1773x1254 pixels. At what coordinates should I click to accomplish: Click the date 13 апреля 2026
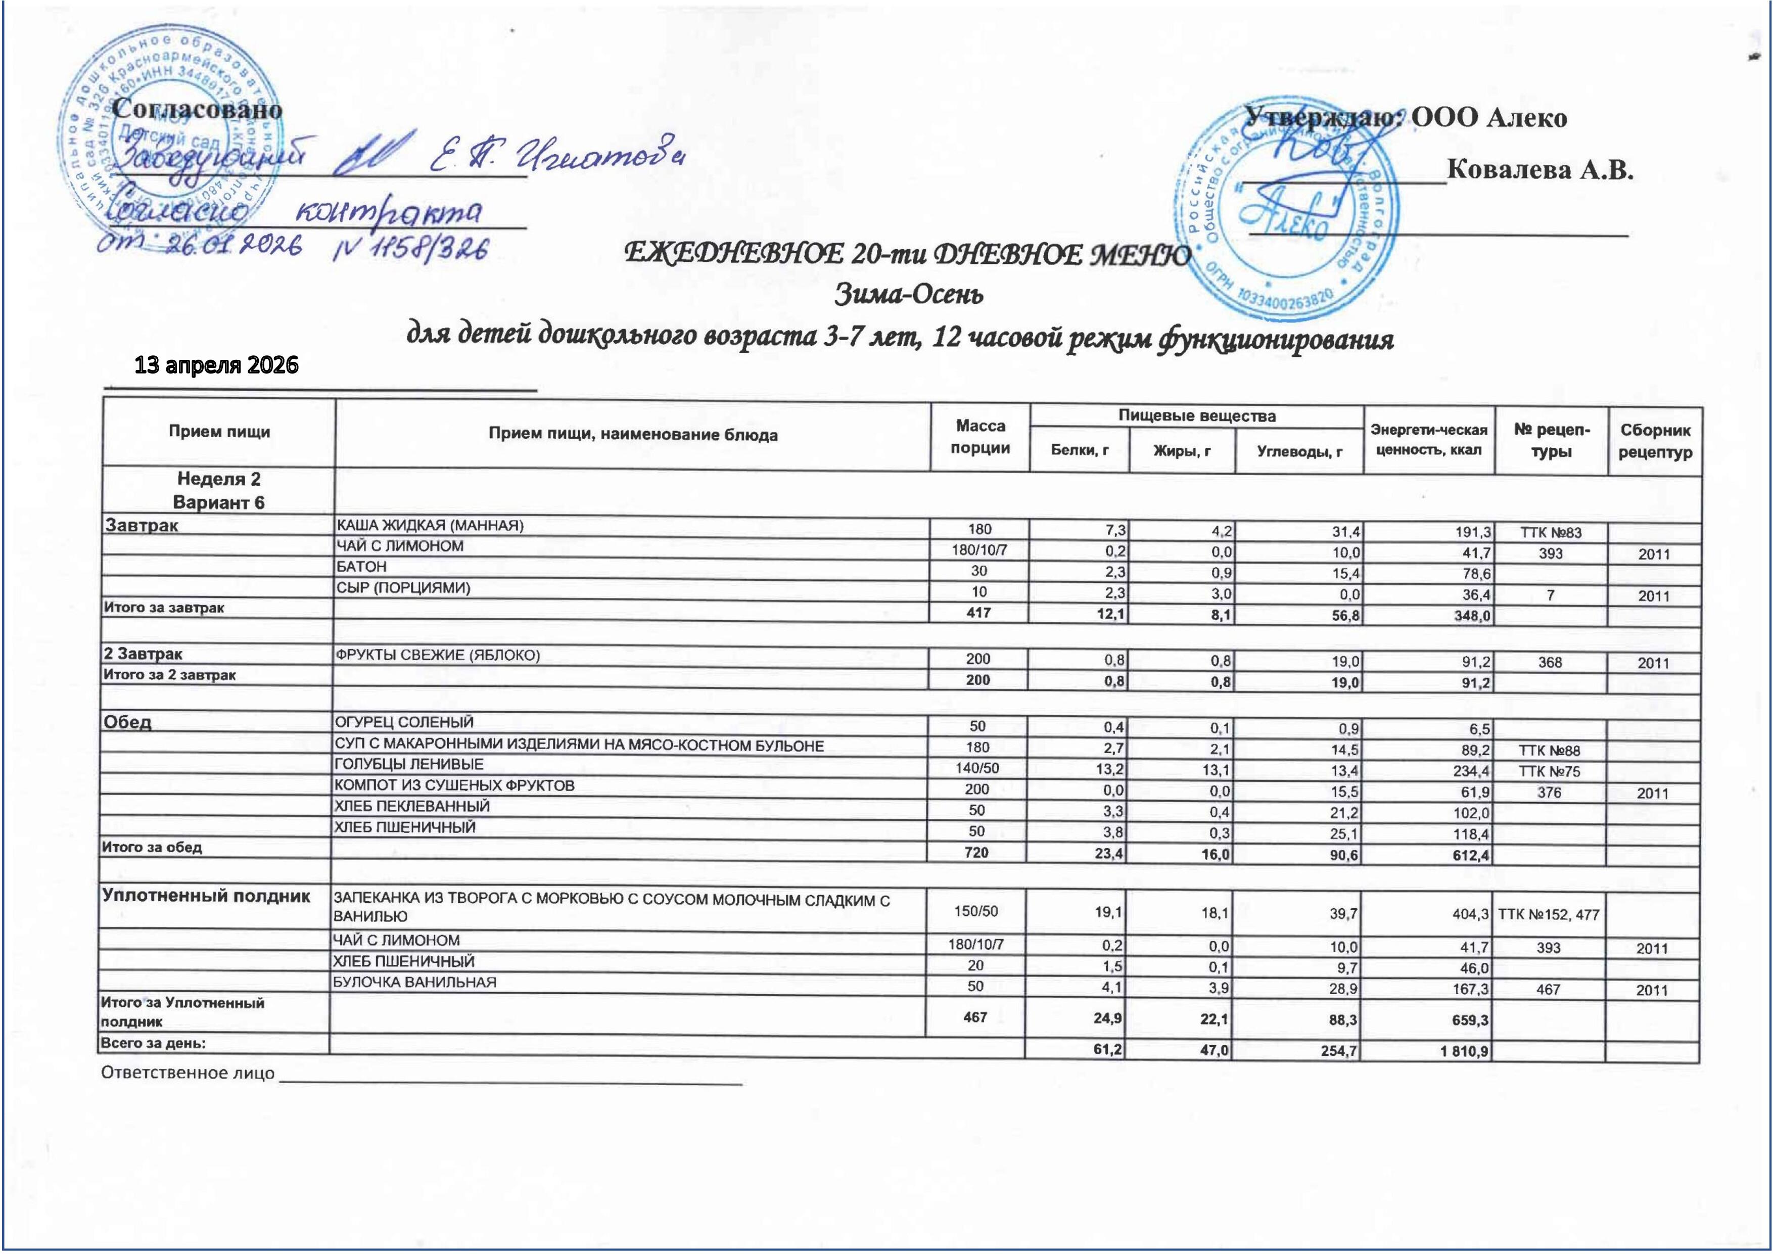[x=217, y=365]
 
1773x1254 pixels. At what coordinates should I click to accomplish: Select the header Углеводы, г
[x=1299, y=451]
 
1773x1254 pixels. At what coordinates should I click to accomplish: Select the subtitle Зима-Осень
[x=910, y=294]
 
